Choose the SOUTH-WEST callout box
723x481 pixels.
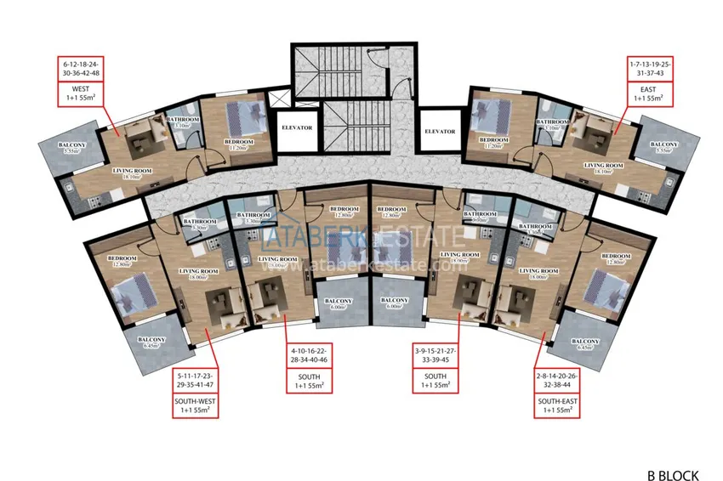click(196, 393)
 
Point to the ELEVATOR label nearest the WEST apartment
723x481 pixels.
click(297, 128)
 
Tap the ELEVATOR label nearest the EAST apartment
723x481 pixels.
click(440, 132)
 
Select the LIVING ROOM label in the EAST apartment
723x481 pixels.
click(604, 168)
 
